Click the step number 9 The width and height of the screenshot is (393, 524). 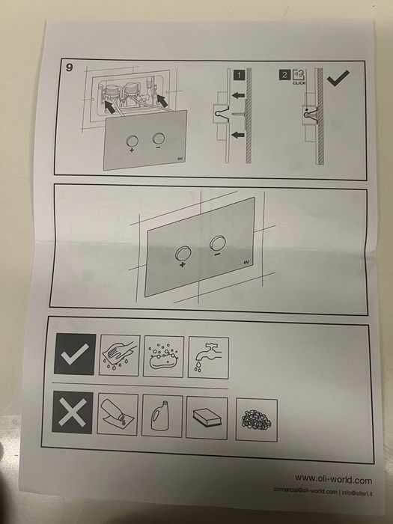click(69, 67)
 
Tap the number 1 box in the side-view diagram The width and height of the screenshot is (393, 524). click(239, 75)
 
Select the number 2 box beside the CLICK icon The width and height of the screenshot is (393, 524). click(284, 75)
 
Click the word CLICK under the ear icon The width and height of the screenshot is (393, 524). click(299, 83)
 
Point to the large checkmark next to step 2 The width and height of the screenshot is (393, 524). click(338, 79)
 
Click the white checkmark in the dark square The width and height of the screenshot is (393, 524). click(75, 354)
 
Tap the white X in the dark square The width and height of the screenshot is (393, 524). click(73, 412)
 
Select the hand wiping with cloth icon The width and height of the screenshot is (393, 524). click(119, 356)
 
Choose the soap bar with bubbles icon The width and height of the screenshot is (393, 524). click(163, 356)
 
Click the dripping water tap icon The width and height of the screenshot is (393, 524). click(208, 358)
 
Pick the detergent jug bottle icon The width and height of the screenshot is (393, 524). click(162, 415)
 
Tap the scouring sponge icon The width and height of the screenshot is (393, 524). click(207, 418)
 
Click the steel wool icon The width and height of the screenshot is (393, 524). click(256, 420)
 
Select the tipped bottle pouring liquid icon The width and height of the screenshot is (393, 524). click(118, 414)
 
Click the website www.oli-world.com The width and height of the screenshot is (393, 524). click(333, 480)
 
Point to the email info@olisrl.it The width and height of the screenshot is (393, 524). click(357, 493)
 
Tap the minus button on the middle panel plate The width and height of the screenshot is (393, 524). click(218, 243)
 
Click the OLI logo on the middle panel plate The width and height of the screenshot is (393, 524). click(246, 262)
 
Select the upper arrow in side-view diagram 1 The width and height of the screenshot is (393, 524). click(238, 95)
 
